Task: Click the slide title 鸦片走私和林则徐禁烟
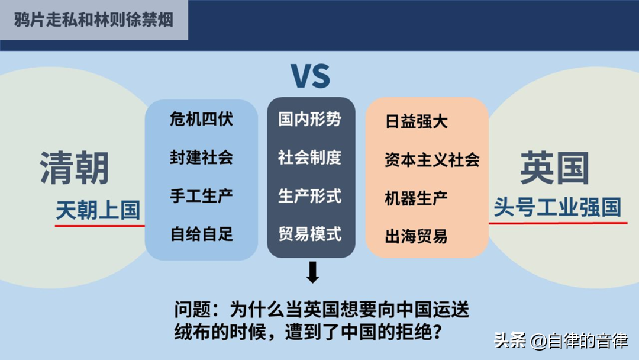click(x=93, y=20)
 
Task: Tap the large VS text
click(x=311, y=76)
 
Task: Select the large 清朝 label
click(x=75, y=168)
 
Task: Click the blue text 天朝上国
click(x=98, y=210)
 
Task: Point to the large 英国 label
click(x=554, y=168)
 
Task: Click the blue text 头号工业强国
click(x=557, y=207)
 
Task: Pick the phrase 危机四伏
click(x=201, y=119)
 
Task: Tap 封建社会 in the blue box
click(x=201, y=157)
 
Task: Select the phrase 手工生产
click(x=201, y=196)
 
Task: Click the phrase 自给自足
click(x=201, y=234)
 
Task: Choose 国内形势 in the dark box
click(x=309, y=119)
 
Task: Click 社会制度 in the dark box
click(x=309, y=157)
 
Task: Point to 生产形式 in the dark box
click(x=309, y=196)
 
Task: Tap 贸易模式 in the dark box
click(x=309, y=234)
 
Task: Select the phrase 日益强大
click(x=416, y=121)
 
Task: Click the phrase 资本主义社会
click(x=432, y=160)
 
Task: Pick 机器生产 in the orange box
click(x=416, y=198)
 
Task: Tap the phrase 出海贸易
click(x=416, y=236)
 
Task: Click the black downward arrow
click(x=312, y=272)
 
